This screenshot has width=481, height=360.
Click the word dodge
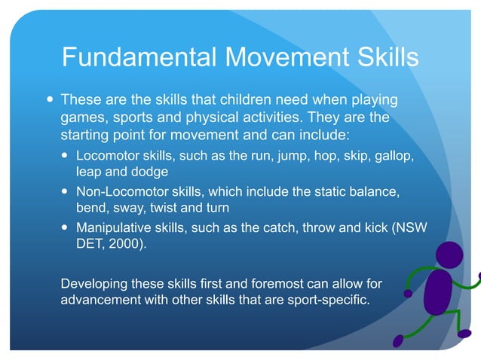point(149,172)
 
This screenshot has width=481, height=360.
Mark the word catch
point(280,227)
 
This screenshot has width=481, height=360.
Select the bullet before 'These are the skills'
point(49,99)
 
